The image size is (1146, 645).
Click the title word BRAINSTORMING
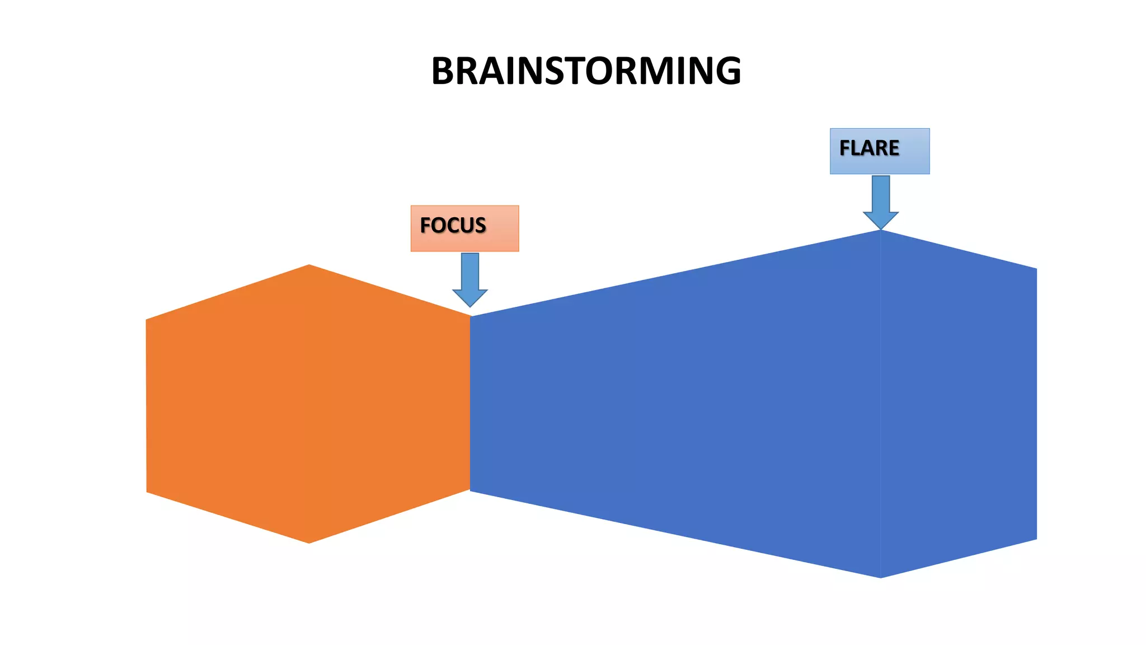(586, 71)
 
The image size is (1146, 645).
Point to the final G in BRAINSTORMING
(727, 71)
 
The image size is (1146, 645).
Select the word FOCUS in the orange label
(453, 225)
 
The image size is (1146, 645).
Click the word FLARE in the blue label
(869, 148)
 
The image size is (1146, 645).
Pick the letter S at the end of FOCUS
(480, 225)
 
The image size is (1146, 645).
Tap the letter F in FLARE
(845, 148)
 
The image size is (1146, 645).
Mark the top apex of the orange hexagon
(309, 265)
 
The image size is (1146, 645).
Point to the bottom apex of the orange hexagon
(309, 543)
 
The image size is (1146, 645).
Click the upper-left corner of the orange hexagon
(147, 320)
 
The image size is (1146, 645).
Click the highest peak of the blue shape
(881, 231)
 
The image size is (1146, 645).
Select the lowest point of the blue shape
(881, 577)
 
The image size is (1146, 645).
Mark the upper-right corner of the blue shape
(1036, 269)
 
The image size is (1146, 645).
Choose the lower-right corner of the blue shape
(1036, 539)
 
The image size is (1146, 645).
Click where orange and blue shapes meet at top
(471, 316)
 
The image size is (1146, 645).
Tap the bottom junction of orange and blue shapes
(470, 490)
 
